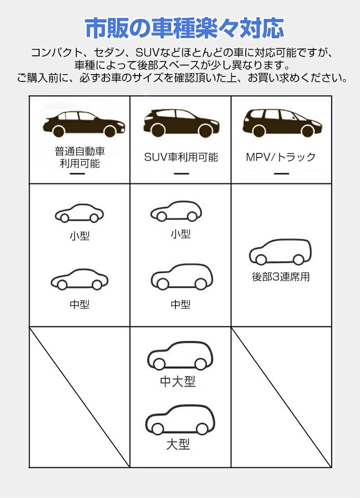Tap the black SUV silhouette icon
pyautogui.click(x=181, y=122)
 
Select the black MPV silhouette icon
pyautogui.click(x=281, y=122)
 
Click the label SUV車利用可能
pyautogui.click(x=181, y=157)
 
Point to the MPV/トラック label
pyautogui.click(x=281, y=157)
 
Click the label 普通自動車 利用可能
pyautogui.click(x=80, y=157)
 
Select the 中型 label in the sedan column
pyautogui.click(x=80, y=305)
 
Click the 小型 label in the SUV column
pyautogui.click(x=180, y=234)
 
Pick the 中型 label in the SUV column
pyautogui.click(x=180, y=305)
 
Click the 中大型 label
pyautogui.click(x=178, y=382)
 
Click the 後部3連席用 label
pyautogui.click(x=281, y=277)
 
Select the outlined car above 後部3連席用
pyautogui.click(x=280, y=252)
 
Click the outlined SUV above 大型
pyautogui.click(x=180, y=418)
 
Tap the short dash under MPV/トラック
pyautogui.click(x=281, y=174)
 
